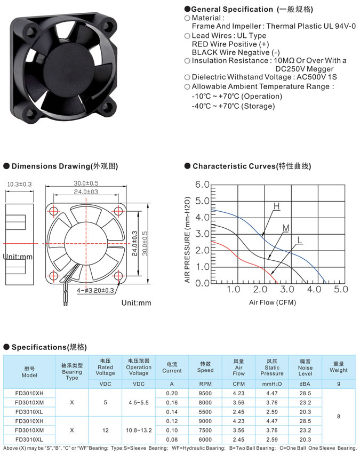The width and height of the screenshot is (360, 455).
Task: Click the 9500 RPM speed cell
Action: click(205, 393)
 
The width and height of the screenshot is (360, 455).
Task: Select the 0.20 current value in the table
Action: click(172, 393)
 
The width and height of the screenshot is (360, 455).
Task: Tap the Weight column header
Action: click(339, 367)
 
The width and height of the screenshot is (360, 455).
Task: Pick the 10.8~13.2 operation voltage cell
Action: click(139, 430)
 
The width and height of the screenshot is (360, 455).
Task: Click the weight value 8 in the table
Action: click(339, 417)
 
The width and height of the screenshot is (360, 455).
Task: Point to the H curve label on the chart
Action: click(276, 206)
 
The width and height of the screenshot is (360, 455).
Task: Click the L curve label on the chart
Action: click(300, 240)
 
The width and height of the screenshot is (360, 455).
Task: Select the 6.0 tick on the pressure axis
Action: click(202, 185)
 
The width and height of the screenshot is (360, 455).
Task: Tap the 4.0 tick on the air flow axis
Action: click(314, 289)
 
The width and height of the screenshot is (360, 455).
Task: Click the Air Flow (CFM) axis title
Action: click(273, 302)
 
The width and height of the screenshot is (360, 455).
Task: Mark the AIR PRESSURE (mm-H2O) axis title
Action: click(187, 240)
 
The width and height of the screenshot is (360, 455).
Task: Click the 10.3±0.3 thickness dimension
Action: click(19, 184)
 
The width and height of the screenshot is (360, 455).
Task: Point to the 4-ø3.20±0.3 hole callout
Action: click(95, 291)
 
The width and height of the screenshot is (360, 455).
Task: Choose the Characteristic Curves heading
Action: click(252, 166)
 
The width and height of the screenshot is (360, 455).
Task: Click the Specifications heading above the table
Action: click(49, 347)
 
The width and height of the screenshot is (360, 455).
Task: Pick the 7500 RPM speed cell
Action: click(205, 430)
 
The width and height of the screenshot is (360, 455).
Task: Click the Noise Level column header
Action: click(305, 368)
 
